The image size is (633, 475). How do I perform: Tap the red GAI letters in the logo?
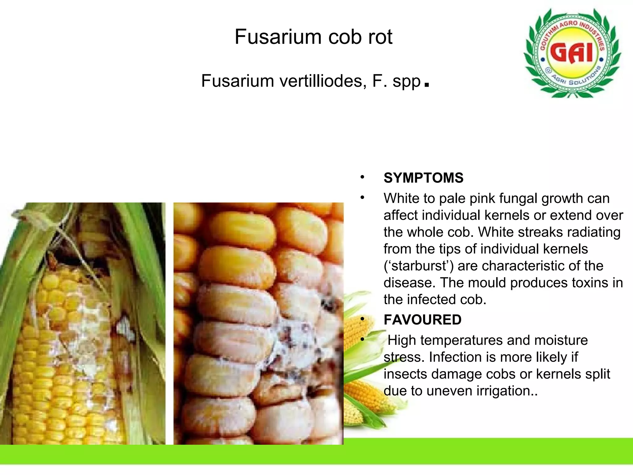point(572,53)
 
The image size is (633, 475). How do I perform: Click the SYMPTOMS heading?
point(423,178)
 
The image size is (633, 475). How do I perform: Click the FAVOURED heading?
point(423,320)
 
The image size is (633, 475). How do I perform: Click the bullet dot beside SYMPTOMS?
point(362,178)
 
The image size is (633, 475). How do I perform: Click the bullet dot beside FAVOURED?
point(362,319)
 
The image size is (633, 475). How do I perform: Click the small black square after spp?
point(427,84)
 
